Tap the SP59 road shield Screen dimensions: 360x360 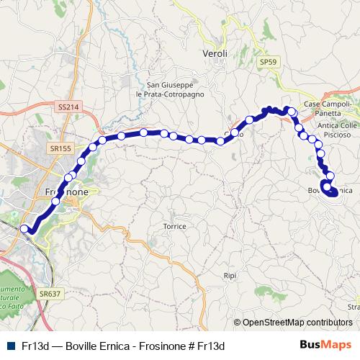click(268, 63)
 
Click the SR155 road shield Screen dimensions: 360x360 click(60, 148)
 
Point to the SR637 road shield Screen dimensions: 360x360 click(50, 294)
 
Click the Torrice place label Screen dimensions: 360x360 click(174, 226)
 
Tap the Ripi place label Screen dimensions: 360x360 click(230, 276)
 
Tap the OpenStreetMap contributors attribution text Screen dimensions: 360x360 click(297, 323)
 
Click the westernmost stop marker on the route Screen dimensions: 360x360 click(24, 229)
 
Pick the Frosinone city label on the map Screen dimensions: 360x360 click(67, 193)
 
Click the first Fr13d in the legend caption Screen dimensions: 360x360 click(35, 346)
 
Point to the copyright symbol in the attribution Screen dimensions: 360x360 click(238, 323)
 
